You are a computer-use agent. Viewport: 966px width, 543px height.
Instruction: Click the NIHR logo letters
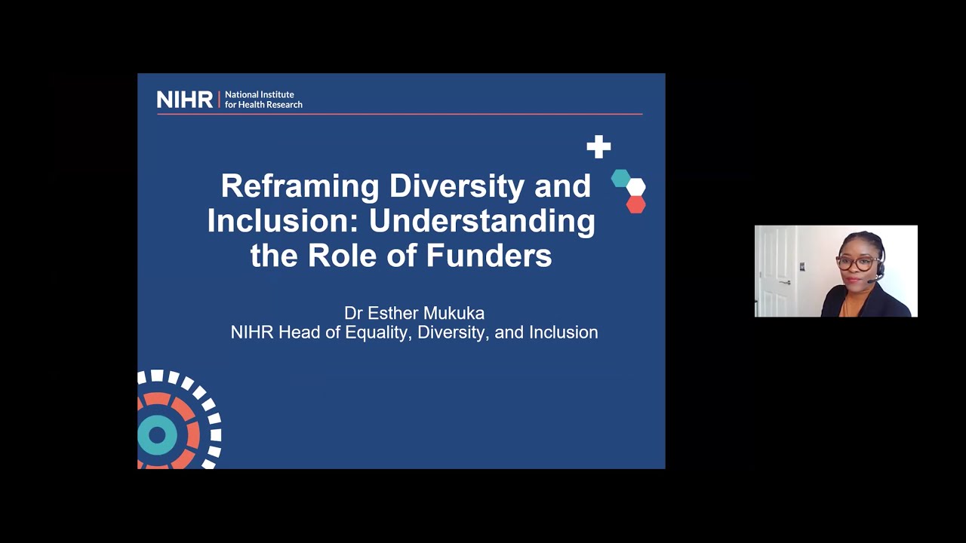(184, 100)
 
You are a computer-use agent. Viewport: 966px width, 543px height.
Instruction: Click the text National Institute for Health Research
(263, 100)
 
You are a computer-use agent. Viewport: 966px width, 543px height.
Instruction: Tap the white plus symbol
(598, 147)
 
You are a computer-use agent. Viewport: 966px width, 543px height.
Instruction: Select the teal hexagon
(620, 179)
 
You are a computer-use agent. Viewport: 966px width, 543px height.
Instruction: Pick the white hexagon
(636, 187)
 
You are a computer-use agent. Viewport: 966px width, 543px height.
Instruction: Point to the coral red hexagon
(635, 204)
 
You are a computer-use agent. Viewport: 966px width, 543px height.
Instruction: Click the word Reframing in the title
(300, 186)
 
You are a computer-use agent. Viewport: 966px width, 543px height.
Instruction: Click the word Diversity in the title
(457, 186)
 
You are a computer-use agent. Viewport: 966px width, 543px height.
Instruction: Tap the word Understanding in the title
(481, 221)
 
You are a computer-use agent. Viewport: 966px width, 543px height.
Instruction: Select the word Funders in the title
(488, 256)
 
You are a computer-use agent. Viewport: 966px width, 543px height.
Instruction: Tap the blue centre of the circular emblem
(157, 434)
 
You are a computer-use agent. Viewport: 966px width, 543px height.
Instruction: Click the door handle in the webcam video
(785, 282)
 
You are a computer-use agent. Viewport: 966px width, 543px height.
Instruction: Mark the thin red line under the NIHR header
(400, 114)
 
